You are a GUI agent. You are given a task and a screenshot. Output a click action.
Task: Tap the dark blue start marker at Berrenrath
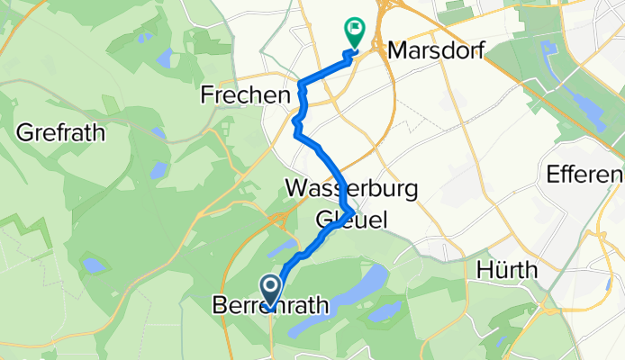coord(270,290)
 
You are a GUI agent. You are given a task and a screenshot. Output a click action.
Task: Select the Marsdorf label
coord(431,51)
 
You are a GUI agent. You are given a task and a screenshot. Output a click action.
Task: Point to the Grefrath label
coord(60,133)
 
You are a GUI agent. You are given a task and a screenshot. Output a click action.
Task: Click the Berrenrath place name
coord(269,307)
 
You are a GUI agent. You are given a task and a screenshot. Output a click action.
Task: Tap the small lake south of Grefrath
coord(93,265)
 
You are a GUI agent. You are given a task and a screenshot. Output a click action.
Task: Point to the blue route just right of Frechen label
coord(303,93)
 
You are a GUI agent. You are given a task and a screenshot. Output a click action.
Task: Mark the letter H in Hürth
coord(481,269)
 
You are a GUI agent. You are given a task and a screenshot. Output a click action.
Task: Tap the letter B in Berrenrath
coord(218,307)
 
